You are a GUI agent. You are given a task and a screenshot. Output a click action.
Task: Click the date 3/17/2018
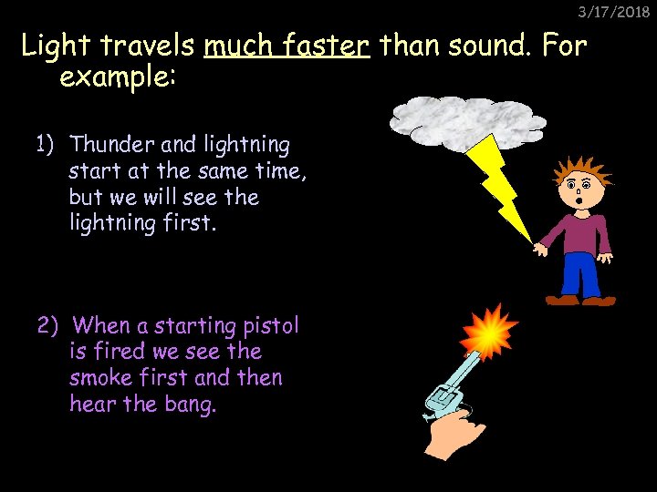point(612,12)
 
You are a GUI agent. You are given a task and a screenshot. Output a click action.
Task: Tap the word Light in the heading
point(54,46)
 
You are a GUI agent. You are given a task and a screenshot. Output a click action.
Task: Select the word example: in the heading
point(117,77)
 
